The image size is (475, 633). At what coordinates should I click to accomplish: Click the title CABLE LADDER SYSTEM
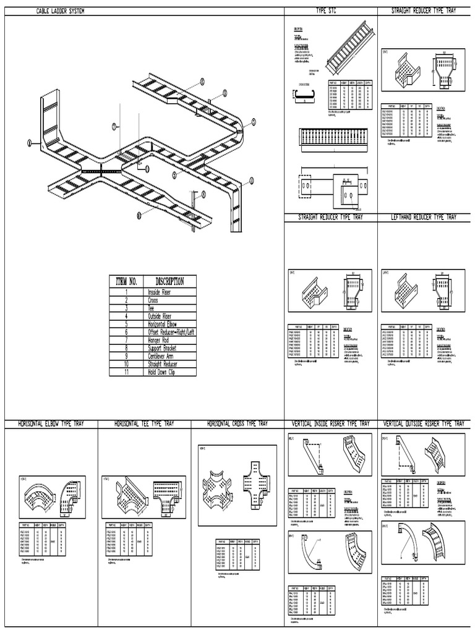coord(60,12)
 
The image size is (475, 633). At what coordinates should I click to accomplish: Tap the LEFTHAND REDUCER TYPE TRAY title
coord(424,218)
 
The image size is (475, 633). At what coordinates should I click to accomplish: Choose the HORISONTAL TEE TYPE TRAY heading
coord(144,424)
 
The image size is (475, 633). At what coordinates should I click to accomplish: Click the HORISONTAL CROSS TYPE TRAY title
coord(237,424)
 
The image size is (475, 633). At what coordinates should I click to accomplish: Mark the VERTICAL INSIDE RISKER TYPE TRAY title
coord(330,424)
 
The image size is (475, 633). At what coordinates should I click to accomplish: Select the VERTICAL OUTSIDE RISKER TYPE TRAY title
coord(424,424)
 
